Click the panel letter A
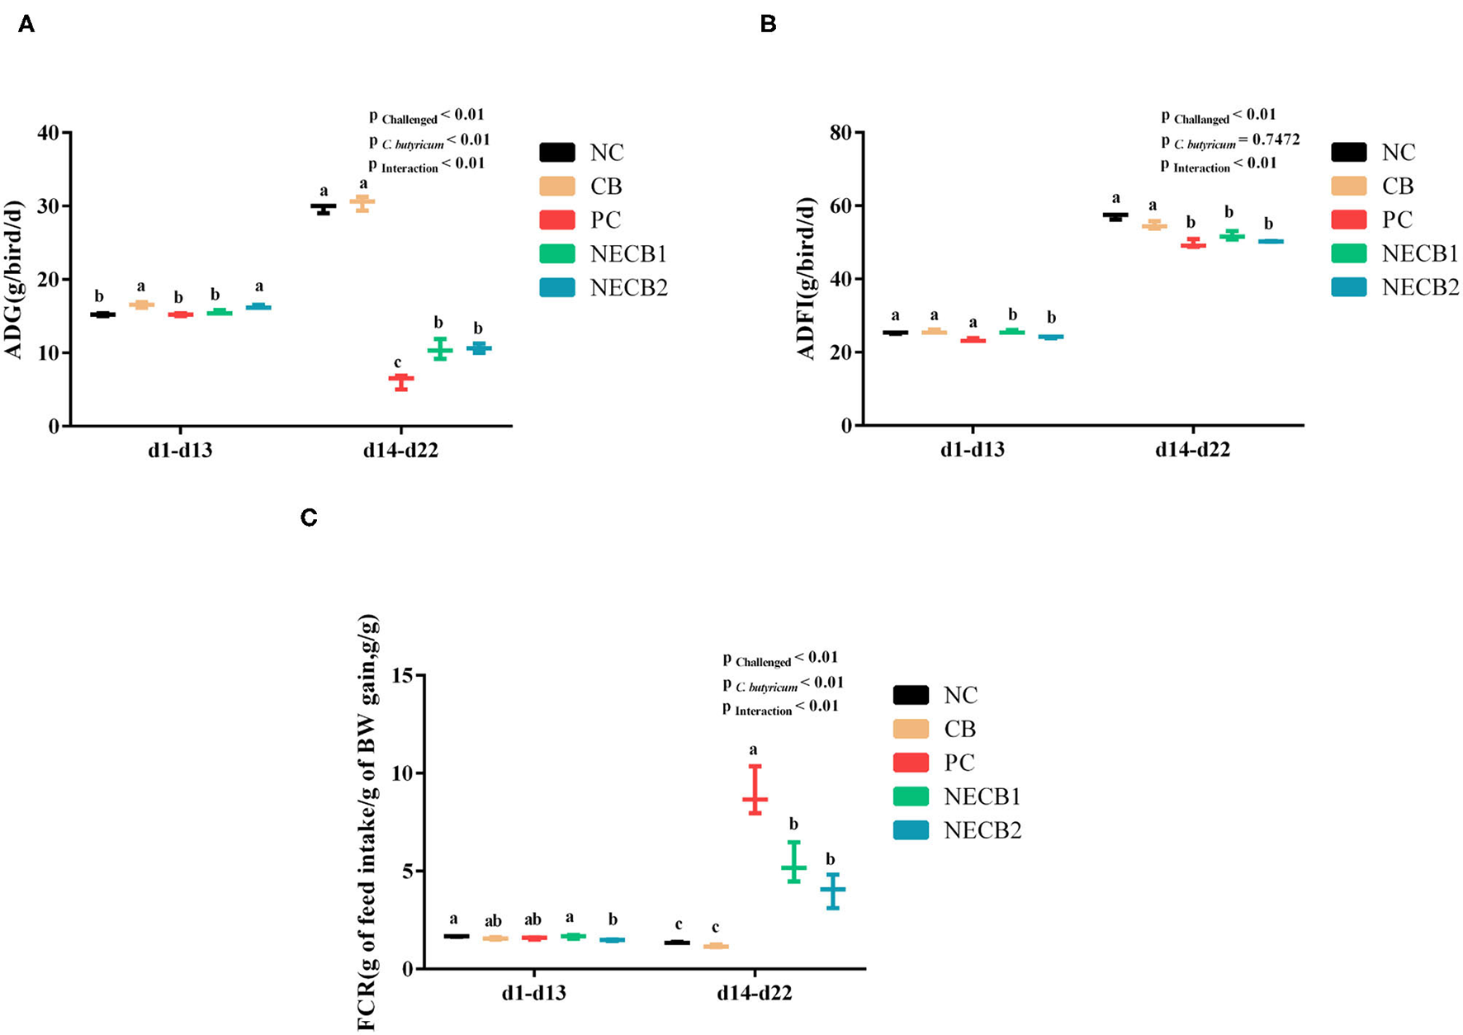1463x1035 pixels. [x=26, y=25]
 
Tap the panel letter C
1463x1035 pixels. [x=309, y=517]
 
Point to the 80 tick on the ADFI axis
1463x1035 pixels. [x=840, y=133]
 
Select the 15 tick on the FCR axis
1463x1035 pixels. [x=402, y=676]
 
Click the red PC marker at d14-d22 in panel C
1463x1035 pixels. [x=755, y=798]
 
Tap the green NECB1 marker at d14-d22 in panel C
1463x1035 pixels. [x=793, y=867]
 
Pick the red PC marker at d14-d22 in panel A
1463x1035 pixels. [x=401, y=378]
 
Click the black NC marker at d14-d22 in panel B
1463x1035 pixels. [x=1115, y=215]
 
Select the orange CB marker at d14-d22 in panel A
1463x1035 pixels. [x=362, y=201]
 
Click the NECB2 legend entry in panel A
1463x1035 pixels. [x=627, y=288]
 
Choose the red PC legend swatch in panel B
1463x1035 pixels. [x=1349, y=220]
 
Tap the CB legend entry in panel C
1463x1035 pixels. [x=959, y=730]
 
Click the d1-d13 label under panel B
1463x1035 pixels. [x=973, y=451]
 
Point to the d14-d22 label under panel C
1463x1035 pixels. [x=754, y=994]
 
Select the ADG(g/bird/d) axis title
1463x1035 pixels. [x=14, y=279]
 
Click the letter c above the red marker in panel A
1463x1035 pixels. [x=397, y=362]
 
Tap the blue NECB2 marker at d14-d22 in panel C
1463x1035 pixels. [x=833, y=889]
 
